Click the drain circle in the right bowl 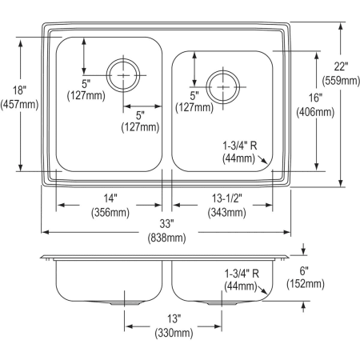[222, 82]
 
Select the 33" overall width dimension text [166, 226]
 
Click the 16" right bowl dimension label [315, 98]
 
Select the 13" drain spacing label [174, 318]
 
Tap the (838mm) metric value [166, 238]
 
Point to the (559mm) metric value [340, 80]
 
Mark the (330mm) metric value [174, 332]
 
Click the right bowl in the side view [212, 282]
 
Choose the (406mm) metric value [315, 112]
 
